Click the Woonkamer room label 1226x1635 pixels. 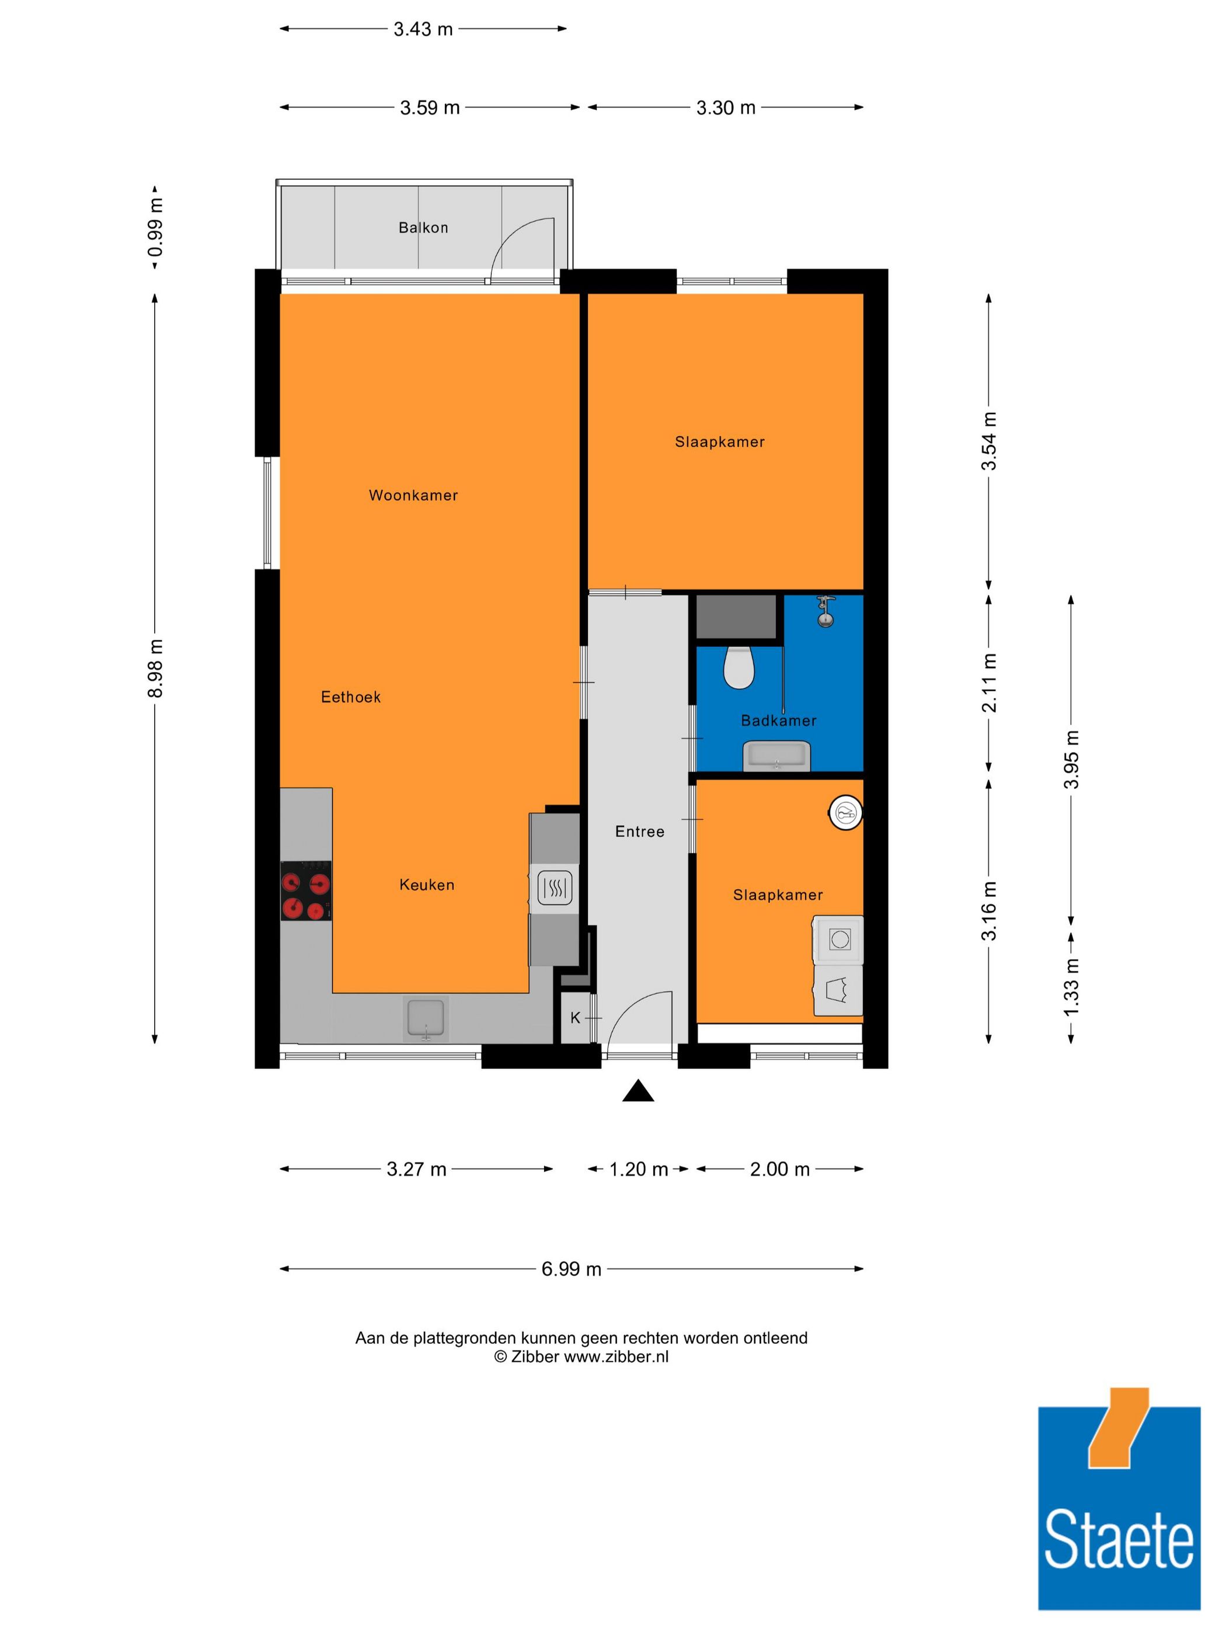[413, 495]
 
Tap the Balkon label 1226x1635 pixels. [423, 228]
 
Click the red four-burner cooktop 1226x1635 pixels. [306, 890]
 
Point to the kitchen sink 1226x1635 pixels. [426, 1018]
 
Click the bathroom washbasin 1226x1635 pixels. [776, 757]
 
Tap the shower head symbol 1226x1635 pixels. [826, 612]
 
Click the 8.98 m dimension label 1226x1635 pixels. [155, 668]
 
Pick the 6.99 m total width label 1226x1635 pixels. [571, 1268]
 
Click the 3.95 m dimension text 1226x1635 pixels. [1071, 759]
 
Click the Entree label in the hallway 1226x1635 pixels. [640, 832]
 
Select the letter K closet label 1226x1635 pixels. [576, 1018]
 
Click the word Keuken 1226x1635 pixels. [427, 885]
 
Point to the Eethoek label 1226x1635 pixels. [351, 697]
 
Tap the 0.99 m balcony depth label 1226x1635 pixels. [155, 227]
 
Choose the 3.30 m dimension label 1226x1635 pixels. [726, 108]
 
